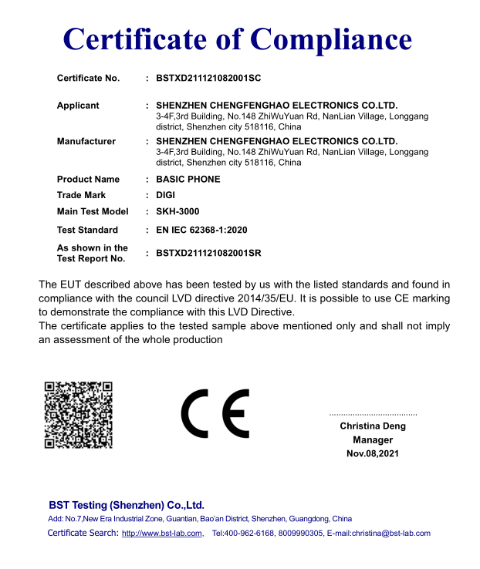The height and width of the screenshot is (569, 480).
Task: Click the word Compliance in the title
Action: click(333, 39)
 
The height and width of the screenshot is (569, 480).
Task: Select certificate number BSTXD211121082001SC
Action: click(209, 78)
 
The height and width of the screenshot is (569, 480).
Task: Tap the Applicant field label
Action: click(78, 106)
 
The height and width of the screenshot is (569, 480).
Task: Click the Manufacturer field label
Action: click(86, 141)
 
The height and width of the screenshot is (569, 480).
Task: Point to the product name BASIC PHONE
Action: click(188, 179)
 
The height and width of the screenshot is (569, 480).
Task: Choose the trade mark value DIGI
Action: click(166, 195)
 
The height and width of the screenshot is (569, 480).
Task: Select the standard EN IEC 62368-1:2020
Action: click(201, 230)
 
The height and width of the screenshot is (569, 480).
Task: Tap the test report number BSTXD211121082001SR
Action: click(209, 253)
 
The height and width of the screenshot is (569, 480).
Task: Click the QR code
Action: click(78, 414)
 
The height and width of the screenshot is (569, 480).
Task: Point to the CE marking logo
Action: click(215, 414)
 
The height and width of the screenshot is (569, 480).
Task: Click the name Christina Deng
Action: click(373, 426)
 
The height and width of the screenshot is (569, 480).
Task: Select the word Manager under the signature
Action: click(373, 439)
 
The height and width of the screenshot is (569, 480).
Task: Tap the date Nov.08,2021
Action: click(373, 453)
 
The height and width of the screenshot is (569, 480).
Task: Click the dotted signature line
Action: click(373, 415)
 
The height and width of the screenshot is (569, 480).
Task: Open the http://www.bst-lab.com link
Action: click(162, 534)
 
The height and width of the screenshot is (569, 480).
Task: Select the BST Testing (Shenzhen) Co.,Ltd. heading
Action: click(127, 505)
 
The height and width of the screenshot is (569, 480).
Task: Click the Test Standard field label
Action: click(87, 230)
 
